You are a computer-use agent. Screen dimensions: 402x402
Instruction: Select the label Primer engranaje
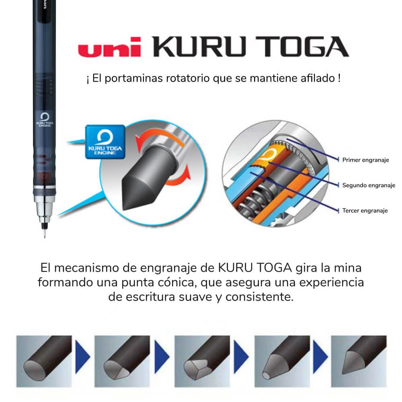(365, 160)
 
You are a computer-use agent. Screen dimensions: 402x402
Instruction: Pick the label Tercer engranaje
(365, 211)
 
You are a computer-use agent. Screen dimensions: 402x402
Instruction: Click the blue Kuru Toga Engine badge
(105, 141)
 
